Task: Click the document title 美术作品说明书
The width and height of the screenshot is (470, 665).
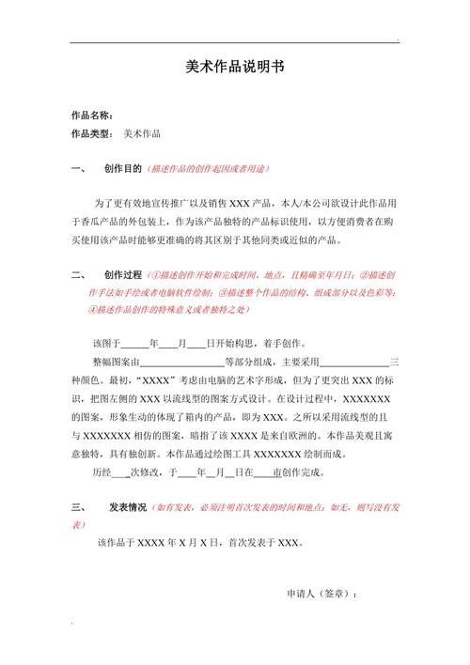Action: [234, 70]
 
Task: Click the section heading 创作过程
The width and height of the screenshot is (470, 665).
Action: [123, 274]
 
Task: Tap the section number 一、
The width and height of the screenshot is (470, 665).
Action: [78, 170]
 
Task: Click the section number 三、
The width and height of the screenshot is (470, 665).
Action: [78, 507]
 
